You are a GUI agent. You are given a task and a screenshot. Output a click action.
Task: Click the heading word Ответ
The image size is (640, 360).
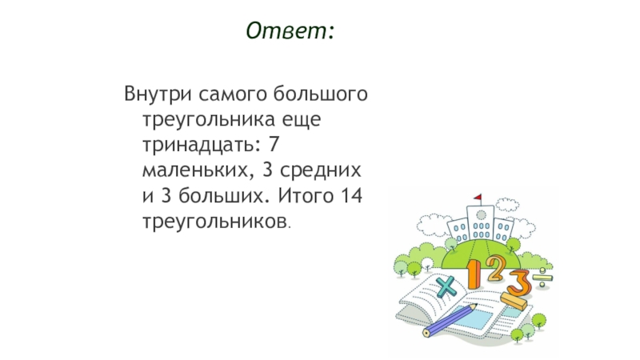[x=286, y=30]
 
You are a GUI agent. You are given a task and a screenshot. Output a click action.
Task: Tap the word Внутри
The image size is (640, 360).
[x=158, y=94]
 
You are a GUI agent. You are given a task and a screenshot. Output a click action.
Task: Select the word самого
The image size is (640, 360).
[x=232, y=94]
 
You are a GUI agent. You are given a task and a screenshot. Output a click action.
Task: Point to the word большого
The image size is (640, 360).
[x=321, y=94]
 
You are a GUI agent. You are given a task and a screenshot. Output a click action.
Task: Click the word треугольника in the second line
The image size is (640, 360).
[x=208, y=120]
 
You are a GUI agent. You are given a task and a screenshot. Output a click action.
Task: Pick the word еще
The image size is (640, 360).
[x=302, y=120]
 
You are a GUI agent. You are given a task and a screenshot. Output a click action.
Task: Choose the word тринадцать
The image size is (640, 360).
[x=198, y=146]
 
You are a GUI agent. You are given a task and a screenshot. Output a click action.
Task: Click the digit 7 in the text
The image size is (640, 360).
[x=274, y=144]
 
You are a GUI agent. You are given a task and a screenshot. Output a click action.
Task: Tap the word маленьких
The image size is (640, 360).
[x=195, y=170]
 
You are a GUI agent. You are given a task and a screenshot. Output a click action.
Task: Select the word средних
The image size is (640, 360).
[x=321, y=170]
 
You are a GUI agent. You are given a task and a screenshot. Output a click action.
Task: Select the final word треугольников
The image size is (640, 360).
[x=214, y=222]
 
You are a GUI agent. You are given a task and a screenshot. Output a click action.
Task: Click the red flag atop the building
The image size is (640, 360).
[x=478, y=198]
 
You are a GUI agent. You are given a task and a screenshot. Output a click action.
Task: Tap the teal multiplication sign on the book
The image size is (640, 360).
[x=446, y=286]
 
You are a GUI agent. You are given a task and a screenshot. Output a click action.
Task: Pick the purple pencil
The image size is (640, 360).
[x=449, y=321]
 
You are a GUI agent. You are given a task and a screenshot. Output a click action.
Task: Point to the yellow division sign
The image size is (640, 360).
[x=542, y=278]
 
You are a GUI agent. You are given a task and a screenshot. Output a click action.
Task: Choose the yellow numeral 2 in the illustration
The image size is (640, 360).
[x=494, y=269]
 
